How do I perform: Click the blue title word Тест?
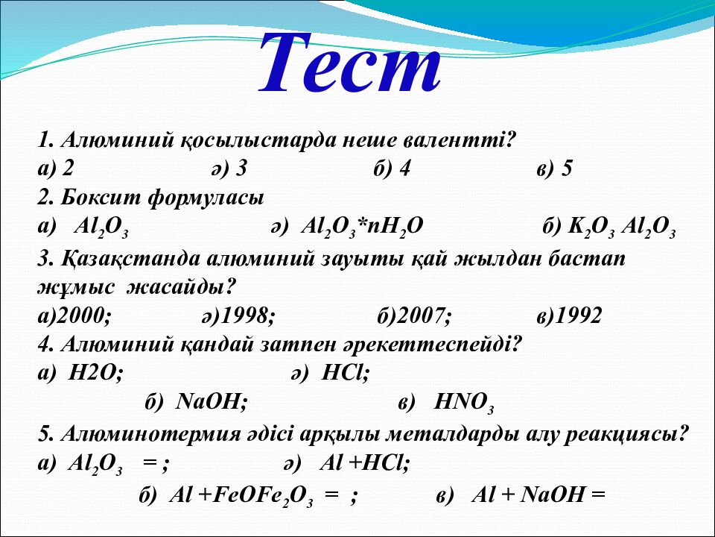[350, 63]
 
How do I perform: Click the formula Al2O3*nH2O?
[362, 227]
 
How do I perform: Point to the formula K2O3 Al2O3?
[621, 227]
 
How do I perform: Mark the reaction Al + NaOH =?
[538, 494]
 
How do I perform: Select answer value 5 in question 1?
[567, 169]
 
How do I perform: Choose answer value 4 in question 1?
[404, 169]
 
